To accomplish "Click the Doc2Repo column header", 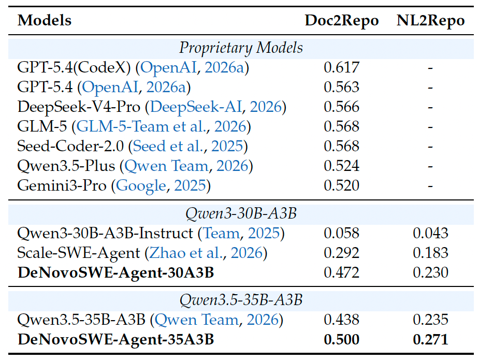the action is [x=342, y=21].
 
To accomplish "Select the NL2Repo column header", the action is [x=430, y=21].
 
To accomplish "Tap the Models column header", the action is [x=45, y=21].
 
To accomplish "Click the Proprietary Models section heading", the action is [x=241, y=48].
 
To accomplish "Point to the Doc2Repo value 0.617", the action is [x=342, y=67].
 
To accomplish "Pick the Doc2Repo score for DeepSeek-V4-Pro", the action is [x=342, y=107].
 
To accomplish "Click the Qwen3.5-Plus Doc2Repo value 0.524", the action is [x=342, y=166].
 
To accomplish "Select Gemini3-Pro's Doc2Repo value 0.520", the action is [x=342, y=185].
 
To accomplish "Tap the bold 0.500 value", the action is [x=342, y=339].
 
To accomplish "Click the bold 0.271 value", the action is [x=430, y=339].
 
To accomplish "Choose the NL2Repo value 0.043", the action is [x=430, y=233].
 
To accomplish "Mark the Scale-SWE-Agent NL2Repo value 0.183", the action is [x=430, y=253].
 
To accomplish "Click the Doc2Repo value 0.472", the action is [x=342, y=272].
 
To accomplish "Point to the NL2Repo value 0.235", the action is [x=430, y=320].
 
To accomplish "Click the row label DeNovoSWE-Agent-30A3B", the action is [x=116, y=273].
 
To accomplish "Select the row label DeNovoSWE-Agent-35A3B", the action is [x=116, y=340].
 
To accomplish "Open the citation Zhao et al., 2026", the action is [x=206, y=253].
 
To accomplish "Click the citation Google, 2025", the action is [x=161, y=186].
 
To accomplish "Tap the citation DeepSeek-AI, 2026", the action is [x=216, y=107].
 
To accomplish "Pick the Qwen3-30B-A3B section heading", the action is [x=241, y=213].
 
